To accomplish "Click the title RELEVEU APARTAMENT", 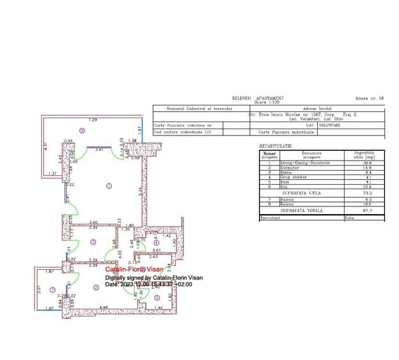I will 258,98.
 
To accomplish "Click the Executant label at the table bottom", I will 270,217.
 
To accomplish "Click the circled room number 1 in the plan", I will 109,186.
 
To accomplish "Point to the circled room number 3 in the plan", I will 93,242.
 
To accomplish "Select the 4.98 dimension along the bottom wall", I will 103,308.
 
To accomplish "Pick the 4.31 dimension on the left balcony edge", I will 45,146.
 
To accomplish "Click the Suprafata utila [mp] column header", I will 359,155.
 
